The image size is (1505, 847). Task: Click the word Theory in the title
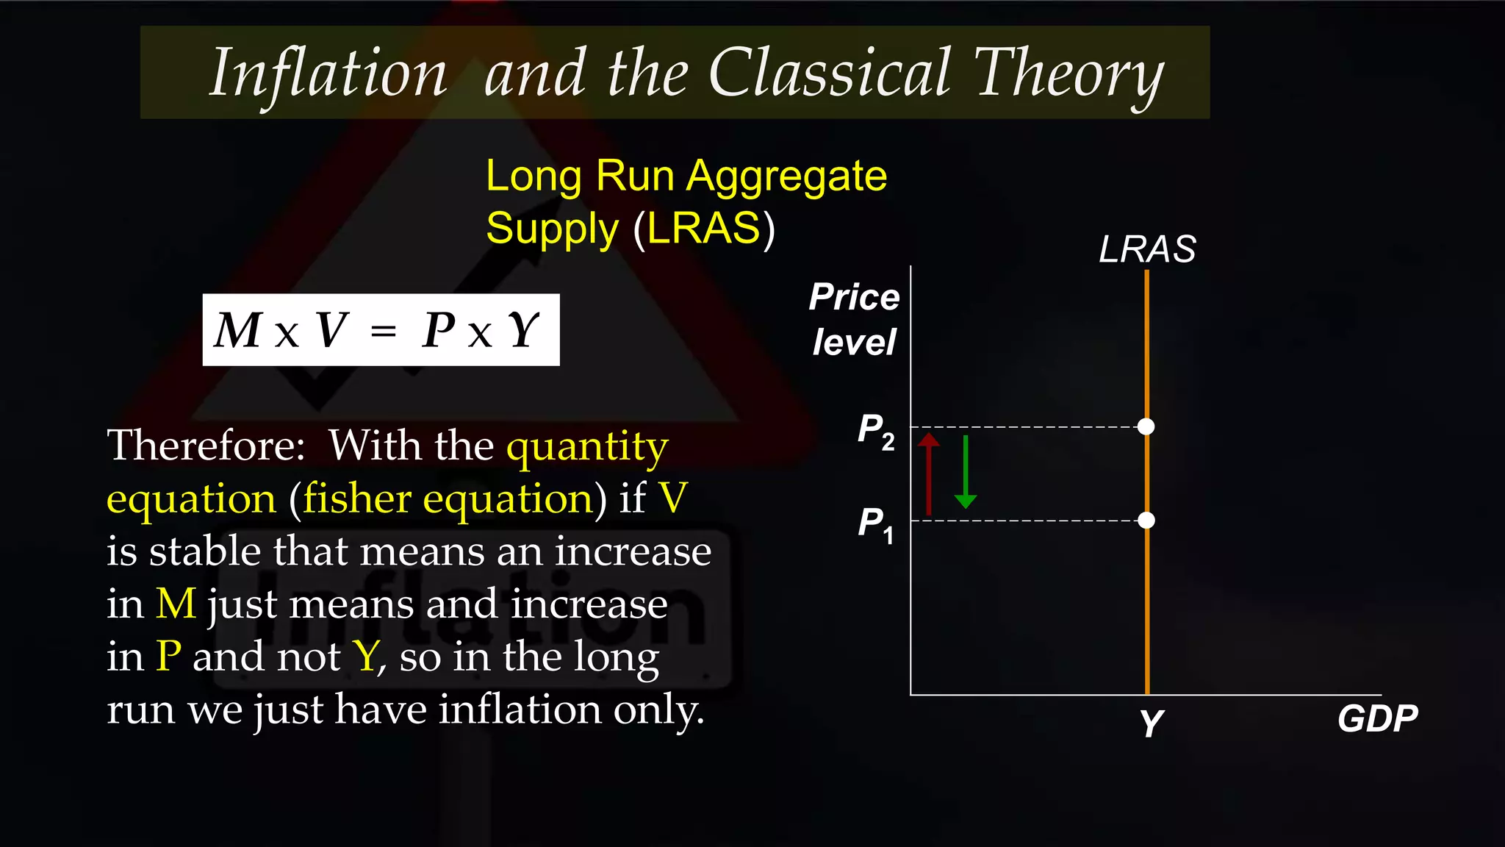click(1068, 74)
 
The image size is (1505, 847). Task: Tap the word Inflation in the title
click(328, 74)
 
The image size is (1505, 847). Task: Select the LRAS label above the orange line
click(1146, 249)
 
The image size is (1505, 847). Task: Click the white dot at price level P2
click(1146, 426)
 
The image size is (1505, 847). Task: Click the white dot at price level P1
click(1146, 521)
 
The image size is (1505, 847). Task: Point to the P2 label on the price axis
click(876, 430)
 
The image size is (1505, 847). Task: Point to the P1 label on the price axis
click(876, 524)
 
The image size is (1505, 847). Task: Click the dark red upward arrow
click(929, 474)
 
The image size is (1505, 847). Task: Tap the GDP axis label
click(1377, 718)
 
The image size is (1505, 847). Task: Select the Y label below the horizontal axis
click(1152, 723)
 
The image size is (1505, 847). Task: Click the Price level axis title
click(854, 319)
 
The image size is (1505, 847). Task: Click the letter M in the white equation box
click(238, 330)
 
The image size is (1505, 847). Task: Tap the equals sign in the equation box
click(384, 332)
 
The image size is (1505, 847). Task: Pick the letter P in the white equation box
click(439, 330)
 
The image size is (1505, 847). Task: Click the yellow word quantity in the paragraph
click(587, 446)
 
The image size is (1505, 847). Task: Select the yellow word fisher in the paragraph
click(356, 499)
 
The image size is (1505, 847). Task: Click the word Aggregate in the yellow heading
click(786, 177)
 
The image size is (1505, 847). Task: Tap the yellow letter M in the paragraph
click(176, 604)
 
